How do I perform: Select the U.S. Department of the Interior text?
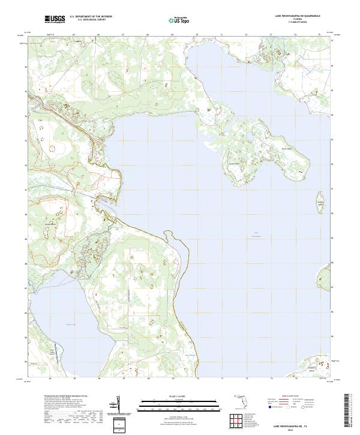(90, 17)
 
